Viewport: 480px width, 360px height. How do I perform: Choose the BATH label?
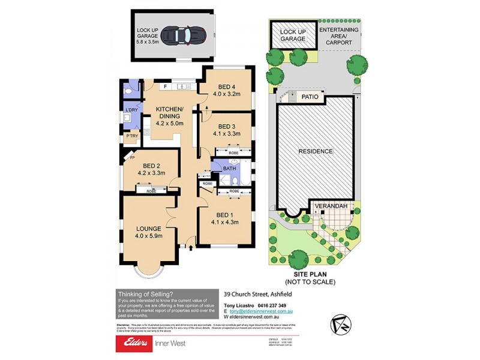click(x=229, y=169)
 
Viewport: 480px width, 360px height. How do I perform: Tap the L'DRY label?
click(x=131, y=109)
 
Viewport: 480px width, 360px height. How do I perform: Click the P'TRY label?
click(x=131, y=137)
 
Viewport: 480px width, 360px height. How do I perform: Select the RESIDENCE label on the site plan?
click(x=316, y=151)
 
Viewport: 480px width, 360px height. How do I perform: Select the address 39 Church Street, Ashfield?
click(x=253, y=295)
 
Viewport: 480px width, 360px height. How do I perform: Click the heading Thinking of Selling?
click(x=146, y=293)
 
